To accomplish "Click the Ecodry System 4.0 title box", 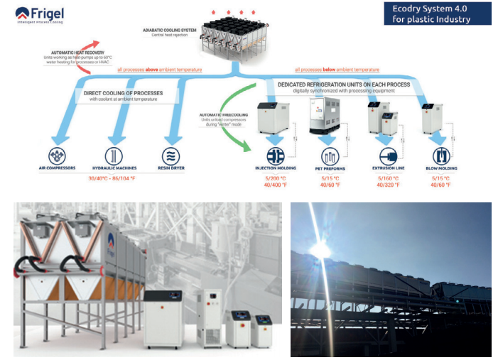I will pyautogui.click(x=437, y=13).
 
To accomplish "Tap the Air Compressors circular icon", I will pyautogui.click(x=59, y=156).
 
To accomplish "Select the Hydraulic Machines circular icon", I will pyautogui.click(x=113, y=156).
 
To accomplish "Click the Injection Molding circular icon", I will pyautogui.click(x=275, y=156).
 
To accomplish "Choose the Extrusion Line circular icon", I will pyautogui.click(x=385, y=156).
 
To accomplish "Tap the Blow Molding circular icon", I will pyautogui.click(x=442, y=156).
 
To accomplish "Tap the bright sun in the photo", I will pyautogui.click(x=320, y=250).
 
